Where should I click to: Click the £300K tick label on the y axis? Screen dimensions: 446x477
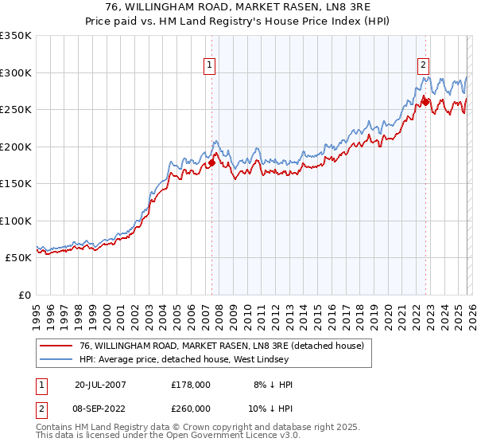pyautogui.click(x=15, y=72)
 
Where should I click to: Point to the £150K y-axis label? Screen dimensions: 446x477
pyautogui.click(x=15, y=183)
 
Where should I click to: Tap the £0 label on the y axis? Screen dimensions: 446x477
pyautogui.click(x=23, y=295)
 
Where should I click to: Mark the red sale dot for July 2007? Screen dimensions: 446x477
pyautogui.click(x=211, y=163)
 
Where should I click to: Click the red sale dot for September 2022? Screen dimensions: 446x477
pyautogui.click(x=425, y=102)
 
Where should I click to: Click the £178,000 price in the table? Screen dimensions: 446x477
pyautogui.click(x=191, y=385)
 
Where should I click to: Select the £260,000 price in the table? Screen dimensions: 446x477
pyautogui.click(x=191, y=408)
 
